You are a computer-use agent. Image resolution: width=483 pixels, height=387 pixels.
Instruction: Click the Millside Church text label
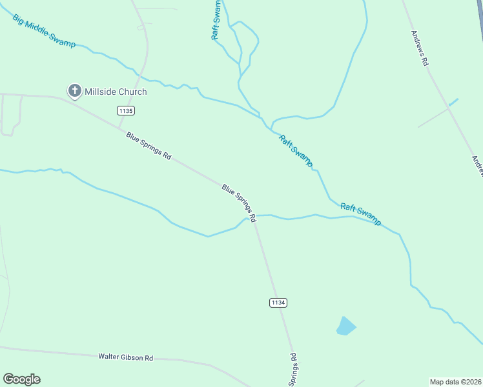click(116, 92)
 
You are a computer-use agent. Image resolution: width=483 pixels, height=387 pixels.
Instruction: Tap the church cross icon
click(75, 92)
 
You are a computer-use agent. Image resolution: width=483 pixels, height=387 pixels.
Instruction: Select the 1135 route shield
click(126, 111)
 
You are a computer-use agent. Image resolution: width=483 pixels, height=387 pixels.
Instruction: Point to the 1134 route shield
click(278, 302)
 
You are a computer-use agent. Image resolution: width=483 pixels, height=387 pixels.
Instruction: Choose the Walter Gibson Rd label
click(125, 357)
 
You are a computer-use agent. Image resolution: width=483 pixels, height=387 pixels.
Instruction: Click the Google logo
click(21, 379)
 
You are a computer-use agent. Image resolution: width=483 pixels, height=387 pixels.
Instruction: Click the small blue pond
click(345, 326)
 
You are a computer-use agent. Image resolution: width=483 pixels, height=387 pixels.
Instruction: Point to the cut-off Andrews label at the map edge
click(477, 166)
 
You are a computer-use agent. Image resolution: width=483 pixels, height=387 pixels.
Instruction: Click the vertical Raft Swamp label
click(217, 21)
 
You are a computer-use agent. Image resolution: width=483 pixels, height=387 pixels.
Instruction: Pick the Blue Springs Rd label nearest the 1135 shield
click(149, 146)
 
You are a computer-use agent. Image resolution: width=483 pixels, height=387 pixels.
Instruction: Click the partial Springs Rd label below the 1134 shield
click(293, 369)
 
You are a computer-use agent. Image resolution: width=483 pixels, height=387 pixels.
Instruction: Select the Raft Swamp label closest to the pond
click(360, 214)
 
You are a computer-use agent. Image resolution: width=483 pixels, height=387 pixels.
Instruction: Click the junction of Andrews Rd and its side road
click(448, 107)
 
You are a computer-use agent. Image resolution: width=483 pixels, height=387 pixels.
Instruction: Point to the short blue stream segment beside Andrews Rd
click(453, 102)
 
